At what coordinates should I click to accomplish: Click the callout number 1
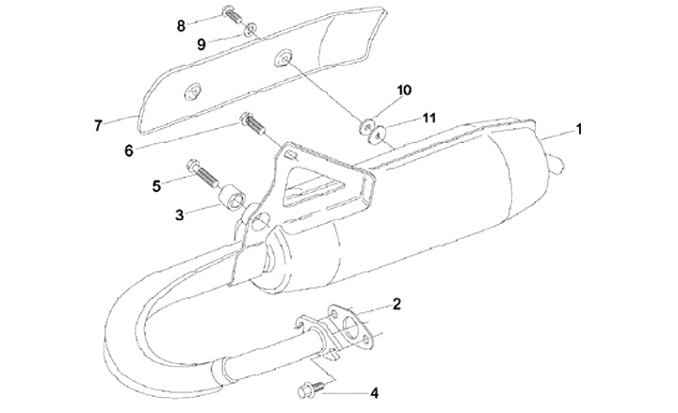click(x=579, y=130)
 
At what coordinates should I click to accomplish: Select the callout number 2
click(x=397, y=304)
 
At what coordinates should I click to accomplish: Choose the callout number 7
click(x=97, y=123)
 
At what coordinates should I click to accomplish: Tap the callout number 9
click(x=201, y=44)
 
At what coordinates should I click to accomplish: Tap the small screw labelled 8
click(x=231, y=14)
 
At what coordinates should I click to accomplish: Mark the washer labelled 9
click(x=250, y=31)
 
